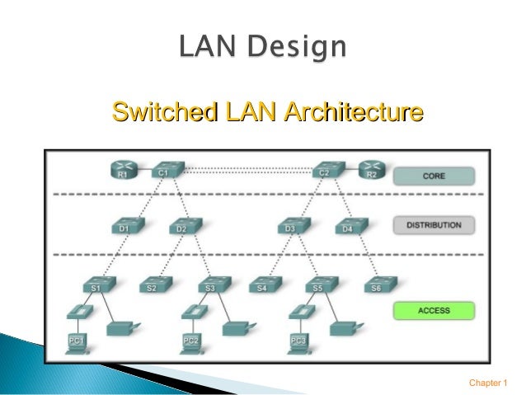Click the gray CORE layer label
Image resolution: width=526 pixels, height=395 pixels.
click(x=434, y=176)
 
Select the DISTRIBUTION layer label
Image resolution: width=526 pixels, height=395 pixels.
click(x=434, y=224)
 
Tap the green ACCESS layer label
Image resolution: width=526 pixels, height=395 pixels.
click(x=434, y=311)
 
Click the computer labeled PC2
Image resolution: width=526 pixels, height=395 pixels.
click(x=190, y=339)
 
